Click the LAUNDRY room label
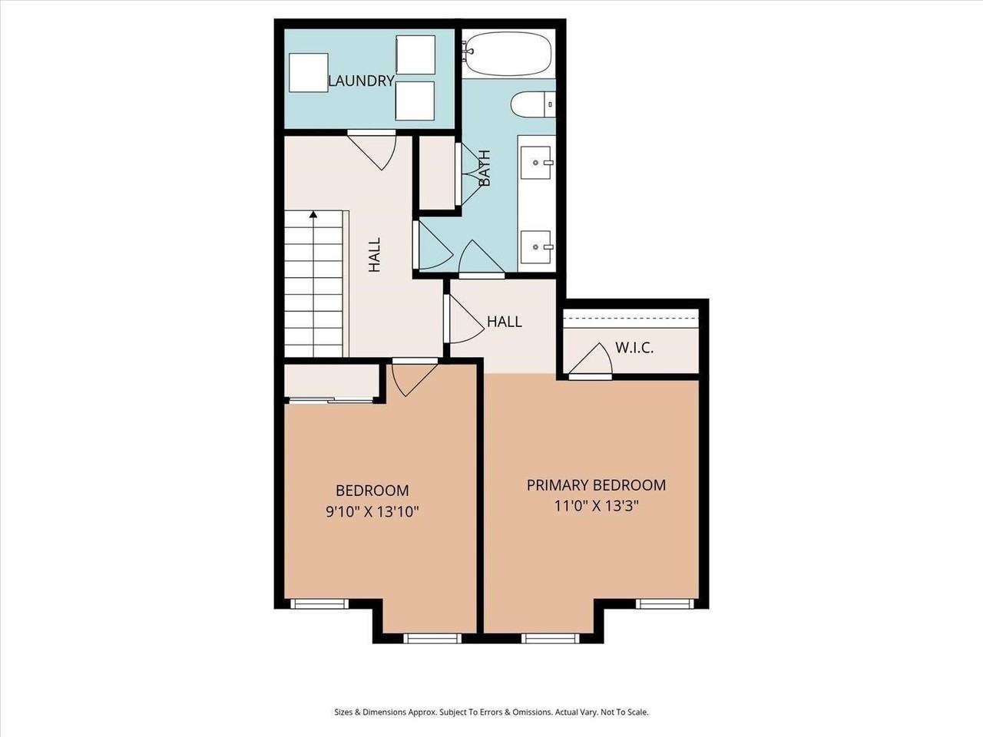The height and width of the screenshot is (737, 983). click(x=361, y=81)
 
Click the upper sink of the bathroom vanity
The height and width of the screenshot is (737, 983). click(x=536, y=162)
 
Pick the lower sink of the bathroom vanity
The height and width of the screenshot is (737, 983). click(x=536, y=246)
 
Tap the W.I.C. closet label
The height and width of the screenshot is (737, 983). click(x=634, y=348)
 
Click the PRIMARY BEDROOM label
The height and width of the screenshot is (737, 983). click(x=596, y=485)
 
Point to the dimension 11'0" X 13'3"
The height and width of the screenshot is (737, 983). click(x=597, y=506)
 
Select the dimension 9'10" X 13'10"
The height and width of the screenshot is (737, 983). click(x=372, y=511)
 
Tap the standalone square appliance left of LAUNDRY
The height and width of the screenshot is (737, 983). click(x=308, y=73)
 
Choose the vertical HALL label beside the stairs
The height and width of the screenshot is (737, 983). click(x=374, y=255)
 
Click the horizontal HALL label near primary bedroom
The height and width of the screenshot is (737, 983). click(x=505, y=322)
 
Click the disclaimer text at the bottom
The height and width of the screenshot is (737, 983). click(x=491, y=712)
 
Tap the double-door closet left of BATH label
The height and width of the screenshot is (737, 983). click(x=436, y=173)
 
